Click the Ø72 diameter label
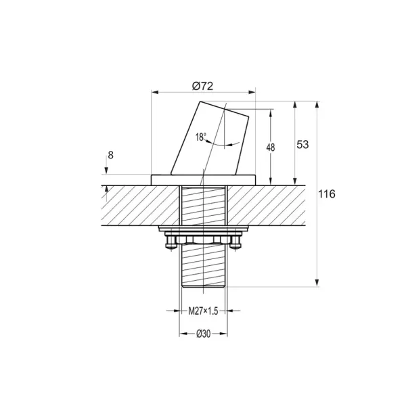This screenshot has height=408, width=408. point(203,86)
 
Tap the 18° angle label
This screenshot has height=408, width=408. point(201,137)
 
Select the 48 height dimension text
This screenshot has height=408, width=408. point(271,148)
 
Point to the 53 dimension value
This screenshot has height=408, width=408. point(302,144)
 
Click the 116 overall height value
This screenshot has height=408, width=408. point(327,194)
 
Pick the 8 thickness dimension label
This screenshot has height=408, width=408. point(110,156)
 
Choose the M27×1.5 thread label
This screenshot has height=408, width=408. point(203,311)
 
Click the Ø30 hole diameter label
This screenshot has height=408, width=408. point(204,334)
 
